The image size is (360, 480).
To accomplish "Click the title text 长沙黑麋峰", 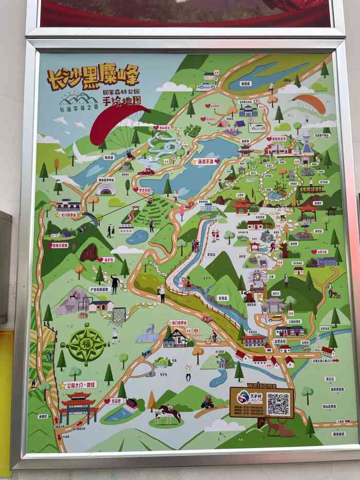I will point(93,77).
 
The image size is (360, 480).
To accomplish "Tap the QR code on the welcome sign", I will point(278,404).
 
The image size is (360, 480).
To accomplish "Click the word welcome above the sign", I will point(262,385).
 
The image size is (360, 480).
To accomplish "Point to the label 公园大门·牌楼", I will point(79,384).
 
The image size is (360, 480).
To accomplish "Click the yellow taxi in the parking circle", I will point(275,318).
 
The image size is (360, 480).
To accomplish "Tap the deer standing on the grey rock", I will point(149,329).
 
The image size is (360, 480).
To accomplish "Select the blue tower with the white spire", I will point(308,141).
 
